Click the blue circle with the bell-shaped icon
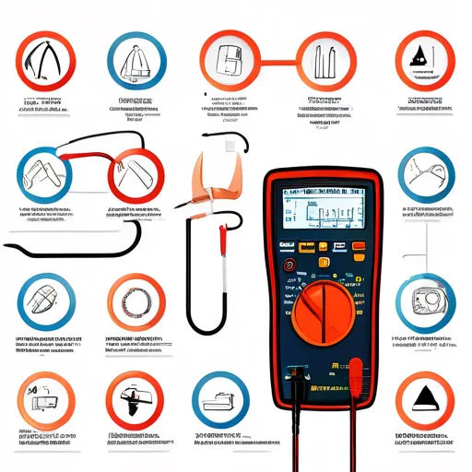[136, 61]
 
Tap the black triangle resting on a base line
[424, 400]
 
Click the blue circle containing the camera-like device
[425, 301]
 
